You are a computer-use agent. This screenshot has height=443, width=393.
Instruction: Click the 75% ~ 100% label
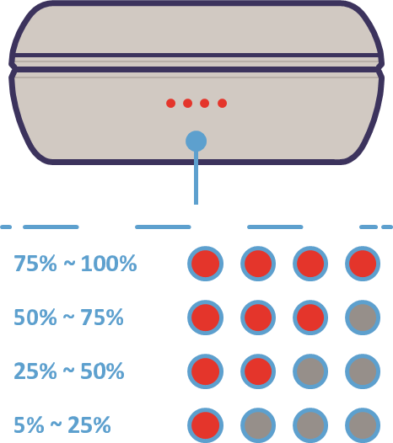[75, 264]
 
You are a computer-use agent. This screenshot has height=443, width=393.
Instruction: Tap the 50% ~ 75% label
[69, 318]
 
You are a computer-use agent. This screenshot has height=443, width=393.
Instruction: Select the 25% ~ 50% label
[69, 371]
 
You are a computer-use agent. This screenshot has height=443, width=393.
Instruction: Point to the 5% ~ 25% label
[62, 424]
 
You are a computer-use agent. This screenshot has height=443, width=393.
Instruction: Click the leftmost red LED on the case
[170, 103]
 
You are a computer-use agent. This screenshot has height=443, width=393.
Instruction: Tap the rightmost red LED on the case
[222, 103]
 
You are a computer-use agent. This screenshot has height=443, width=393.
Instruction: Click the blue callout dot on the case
[196, 141]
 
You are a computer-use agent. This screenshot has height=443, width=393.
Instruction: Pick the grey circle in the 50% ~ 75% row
[363, 318]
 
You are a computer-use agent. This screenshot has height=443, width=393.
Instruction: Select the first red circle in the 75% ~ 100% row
[206, 264]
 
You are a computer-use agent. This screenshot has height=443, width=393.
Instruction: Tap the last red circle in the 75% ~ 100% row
[363, 264]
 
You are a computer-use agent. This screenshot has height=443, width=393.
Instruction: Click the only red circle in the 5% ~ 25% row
[206, 425]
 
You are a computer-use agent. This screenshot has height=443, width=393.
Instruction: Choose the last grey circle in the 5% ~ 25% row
[363, 425]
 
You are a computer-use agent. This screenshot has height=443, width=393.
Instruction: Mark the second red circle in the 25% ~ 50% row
[258, 371]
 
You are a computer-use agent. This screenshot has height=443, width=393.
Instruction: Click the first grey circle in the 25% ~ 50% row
[310, 371]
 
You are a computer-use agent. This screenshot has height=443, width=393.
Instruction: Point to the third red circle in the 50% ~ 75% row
[310, 318]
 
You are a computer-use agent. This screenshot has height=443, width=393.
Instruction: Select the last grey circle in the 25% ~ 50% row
[363, 371]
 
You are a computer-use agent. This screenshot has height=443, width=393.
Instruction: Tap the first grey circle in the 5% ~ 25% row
[258, 425]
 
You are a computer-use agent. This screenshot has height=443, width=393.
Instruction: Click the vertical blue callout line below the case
[196, 178]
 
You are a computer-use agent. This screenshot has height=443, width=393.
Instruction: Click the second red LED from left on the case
[187, 103]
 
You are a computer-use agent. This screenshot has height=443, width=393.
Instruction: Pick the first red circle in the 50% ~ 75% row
[206, 318]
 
